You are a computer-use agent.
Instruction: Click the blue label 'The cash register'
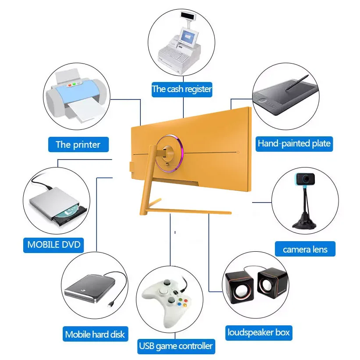click(182, 89)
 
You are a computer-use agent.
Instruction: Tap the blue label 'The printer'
click(78, 144)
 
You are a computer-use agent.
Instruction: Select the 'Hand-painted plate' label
click(294, 143)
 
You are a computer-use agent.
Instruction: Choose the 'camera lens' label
click(305, 249)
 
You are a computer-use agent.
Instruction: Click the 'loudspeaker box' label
click(258, 332)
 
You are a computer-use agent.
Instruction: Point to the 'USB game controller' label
click(176, 346)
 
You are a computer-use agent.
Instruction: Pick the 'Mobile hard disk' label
click(95, 334)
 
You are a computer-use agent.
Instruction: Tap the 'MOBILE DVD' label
click(54, 244)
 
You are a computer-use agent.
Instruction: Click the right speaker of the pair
click(271, 283)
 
